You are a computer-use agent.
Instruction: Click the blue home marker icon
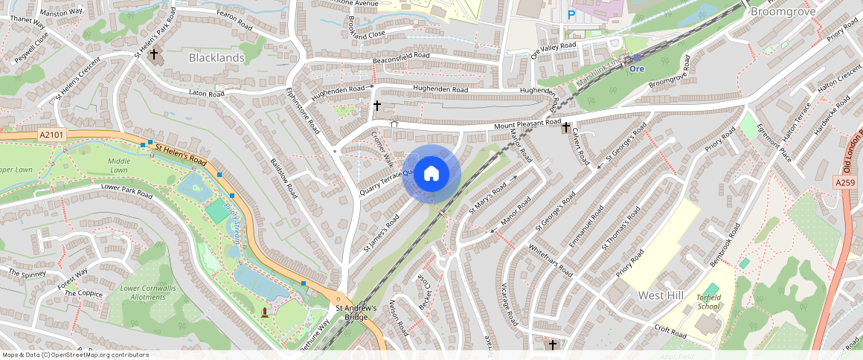(431, 174)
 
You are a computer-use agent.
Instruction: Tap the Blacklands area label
(216, 57)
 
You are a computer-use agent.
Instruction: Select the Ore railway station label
(636, 68)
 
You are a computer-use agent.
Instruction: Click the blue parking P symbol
(571, 14)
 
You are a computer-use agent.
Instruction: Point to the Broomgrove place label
(783, 12)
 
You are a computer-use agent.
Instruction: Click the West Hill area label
(660, 295)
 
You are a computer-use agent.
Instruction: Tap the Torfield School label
(708, 301)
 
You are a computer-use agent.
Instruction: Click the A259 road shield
(844, 182)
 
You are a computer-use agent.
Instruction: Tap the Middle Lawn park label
(119, 165)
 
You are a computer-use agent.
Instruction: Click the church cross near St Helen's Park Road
(154, 54)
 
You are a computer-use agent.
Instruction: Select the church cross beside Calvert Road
(566, 128)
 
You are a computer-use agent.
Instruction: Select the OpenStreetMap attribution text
(76, 355)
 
